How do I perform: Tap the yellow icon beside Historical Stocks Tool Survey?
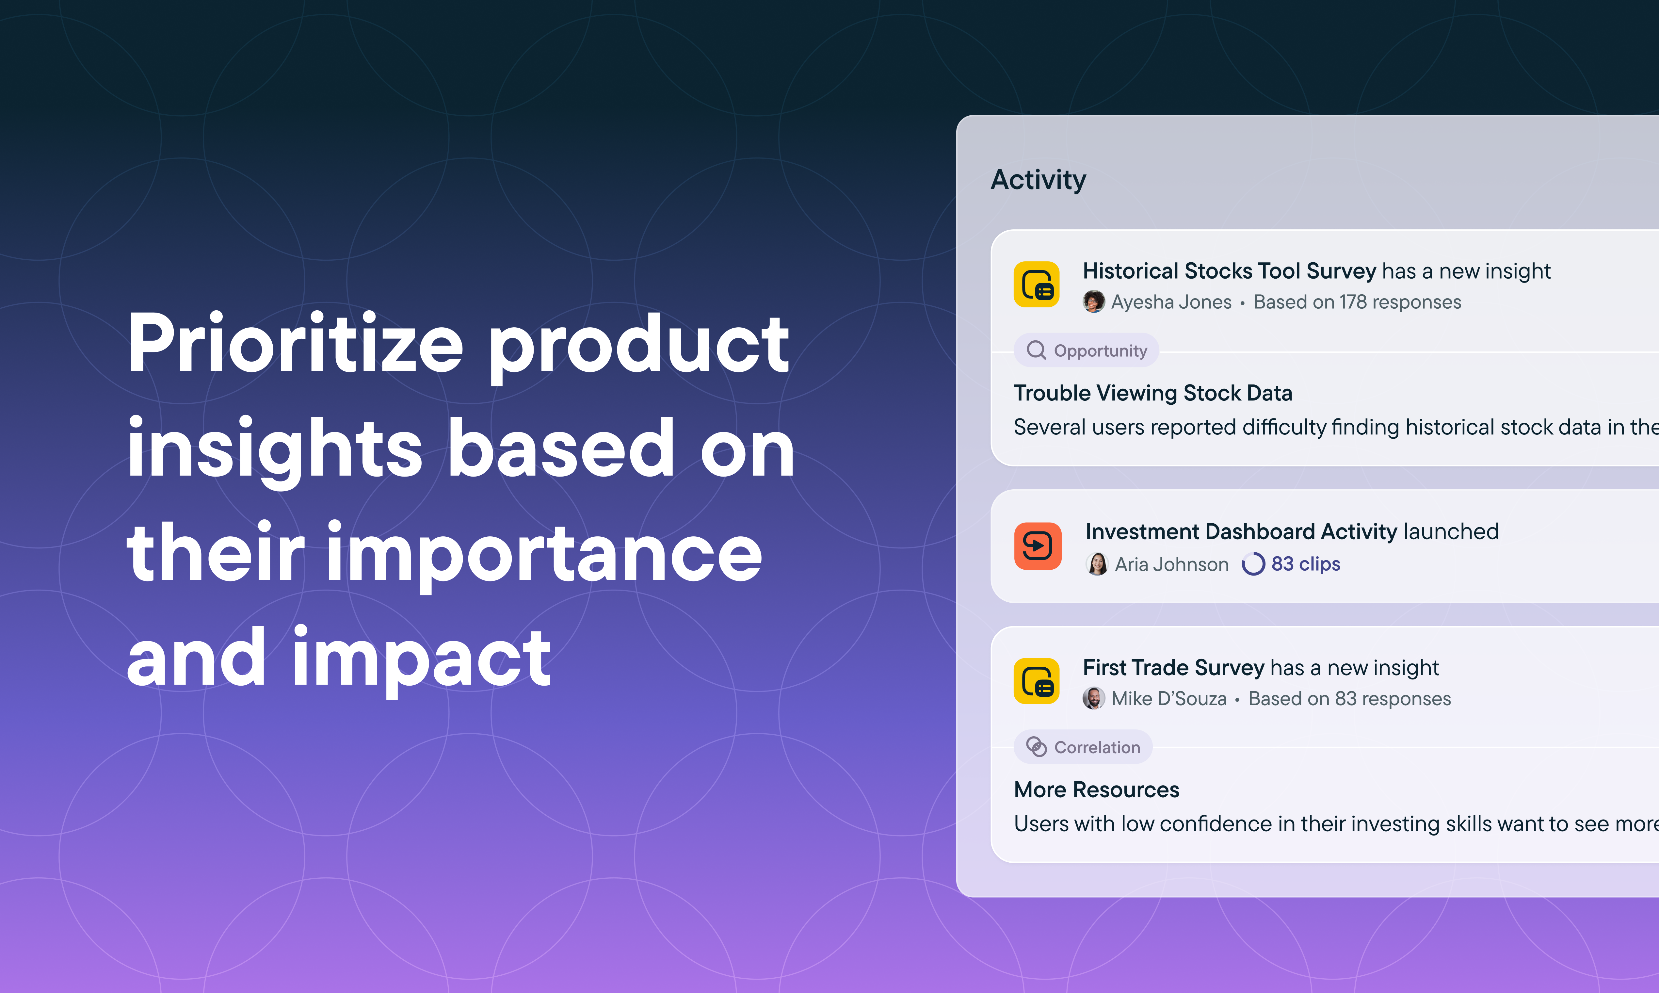point(1036,285)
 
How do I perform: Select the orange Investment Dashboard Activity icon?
point(1038,546)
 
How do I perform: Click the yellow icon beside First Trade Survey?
point(1036,681)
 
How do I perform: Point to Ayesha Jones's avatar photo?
point(1094,302)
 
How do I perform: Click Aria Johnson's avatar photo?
point(1097,564)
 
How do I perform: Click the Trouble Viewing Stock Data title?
point(1152,393)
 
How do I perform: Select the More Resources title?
point(1096,790)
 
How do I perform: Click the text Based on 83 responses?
point(1349,699)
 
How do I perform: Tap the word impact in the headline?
point(421,659)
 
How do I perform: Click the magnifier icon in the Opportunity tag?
point(1036,350)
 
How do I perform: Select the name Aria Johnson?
point(1171,564)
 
